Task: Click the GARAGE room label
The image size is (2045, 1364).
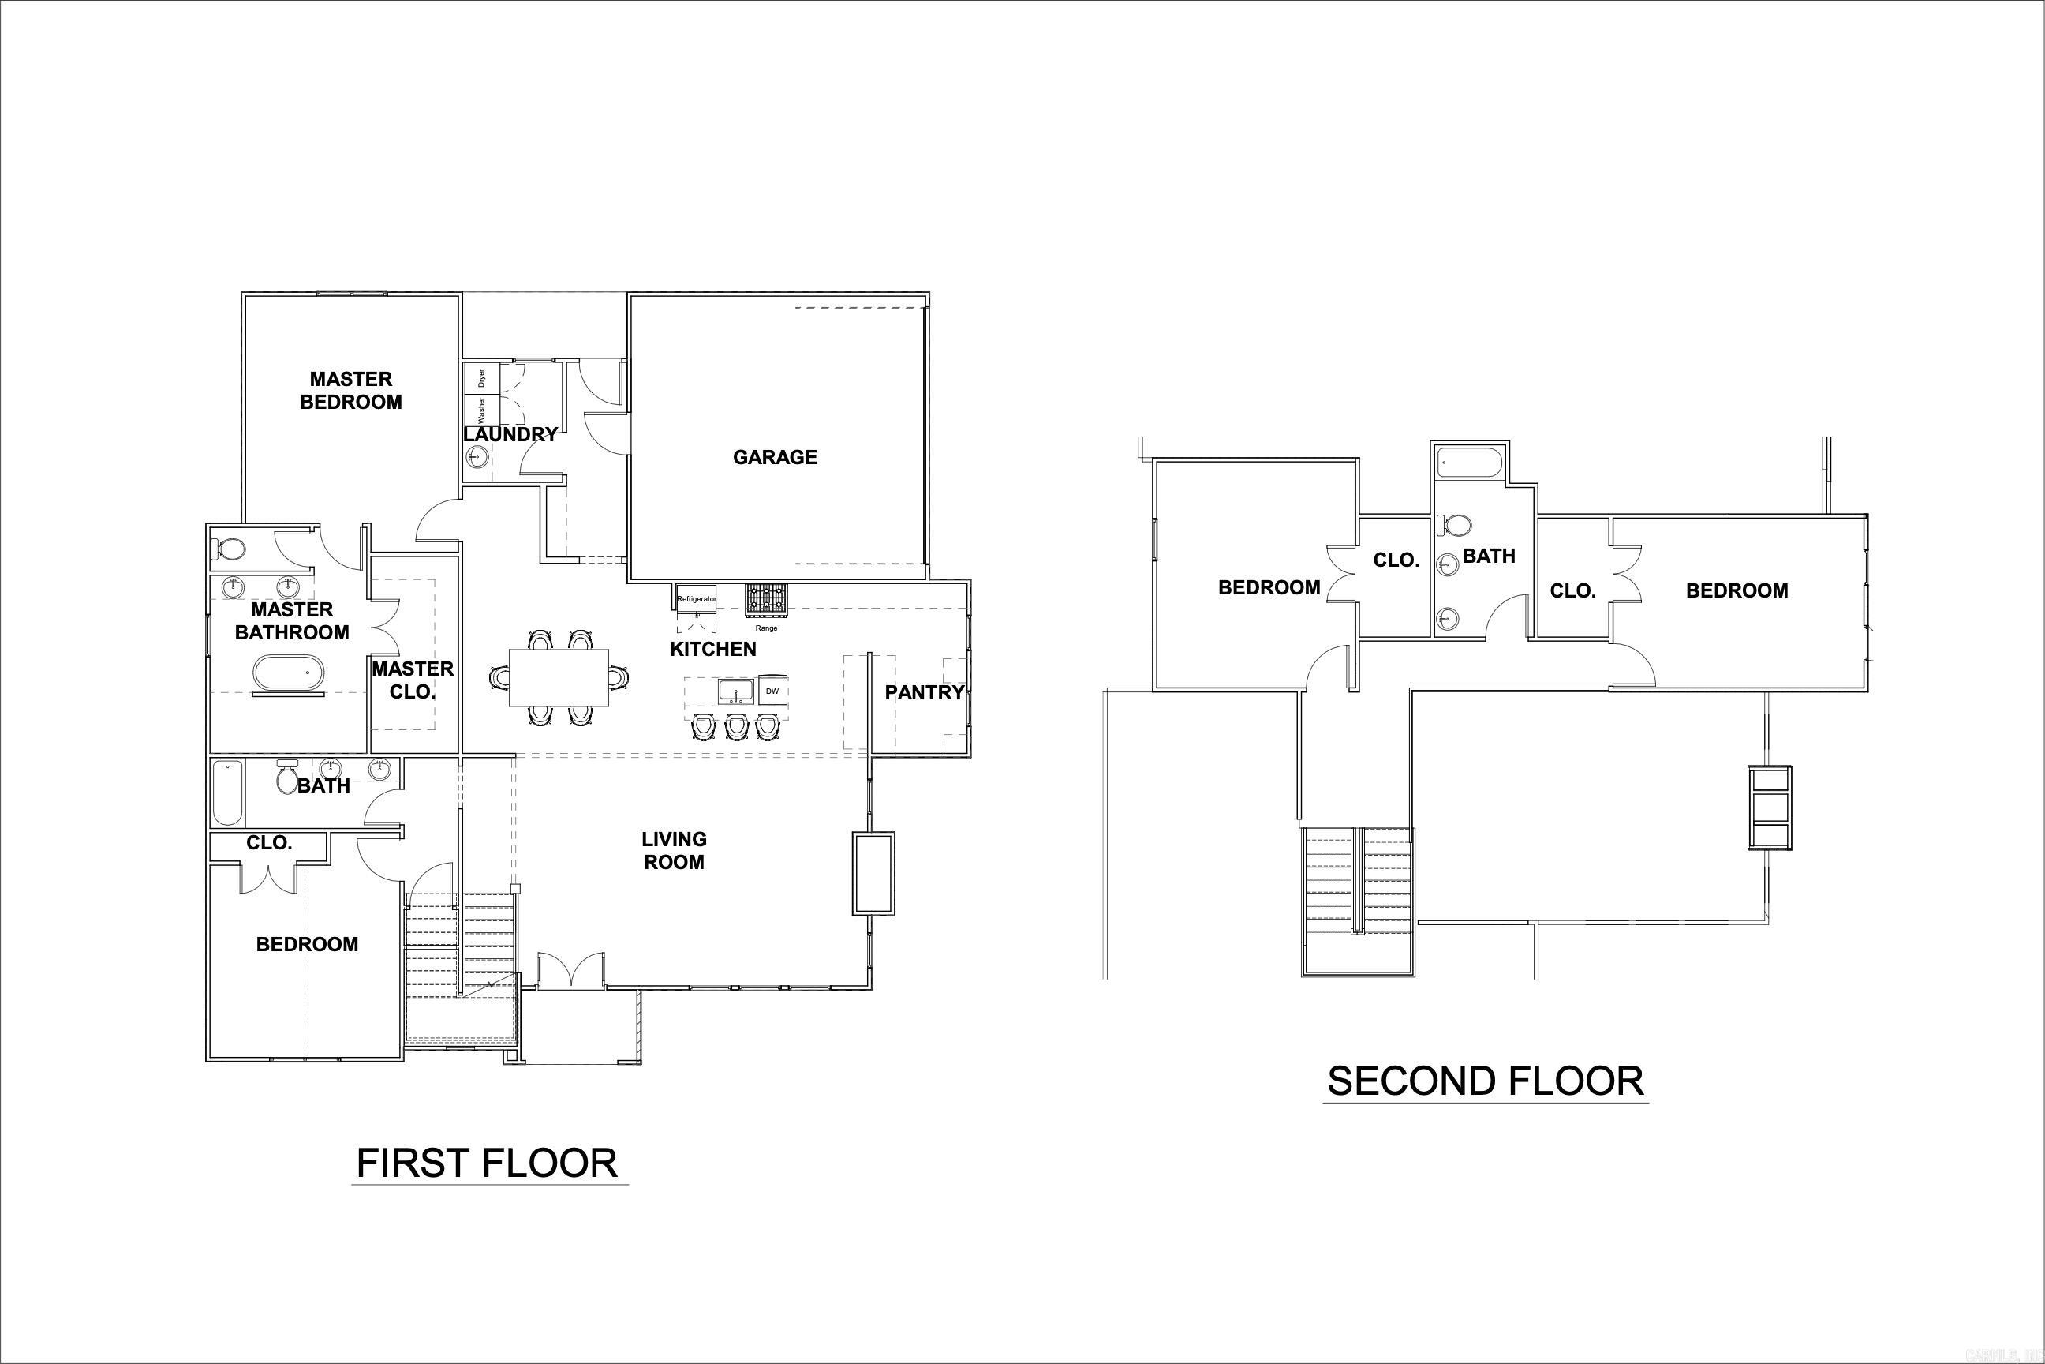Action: [775, 458]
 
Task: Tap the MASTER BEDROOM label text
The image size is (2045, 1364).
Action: [351, 391]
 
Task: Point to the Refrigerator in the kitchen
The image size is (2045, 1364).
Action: [697, 598]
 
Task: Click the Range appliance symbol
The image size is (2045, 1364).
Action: [765, 599]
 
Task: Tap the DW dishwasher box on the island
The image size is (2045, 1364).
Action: [772, 691]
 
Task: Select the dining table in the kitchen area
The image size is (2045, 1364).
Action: [559, 677]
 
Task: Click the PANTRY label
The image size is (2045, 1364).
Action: [924, 692]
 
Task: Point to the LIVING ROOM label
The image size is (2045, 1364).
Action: [674, 851]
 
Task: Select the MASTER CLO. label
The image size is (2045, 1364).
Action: [413, 680]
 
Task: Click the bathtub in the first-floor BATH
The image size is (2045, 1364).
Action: [228, 793]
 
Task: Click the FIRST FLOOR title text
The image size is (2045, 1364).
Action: [487, 1163]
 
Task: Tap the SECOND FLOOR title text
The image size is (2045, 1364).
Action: [1485, 1081]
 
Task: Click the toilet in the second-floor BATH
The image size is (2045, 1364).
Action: [1456, 526]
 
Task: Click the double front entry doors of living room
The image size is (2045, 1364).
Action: [571, 969]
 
